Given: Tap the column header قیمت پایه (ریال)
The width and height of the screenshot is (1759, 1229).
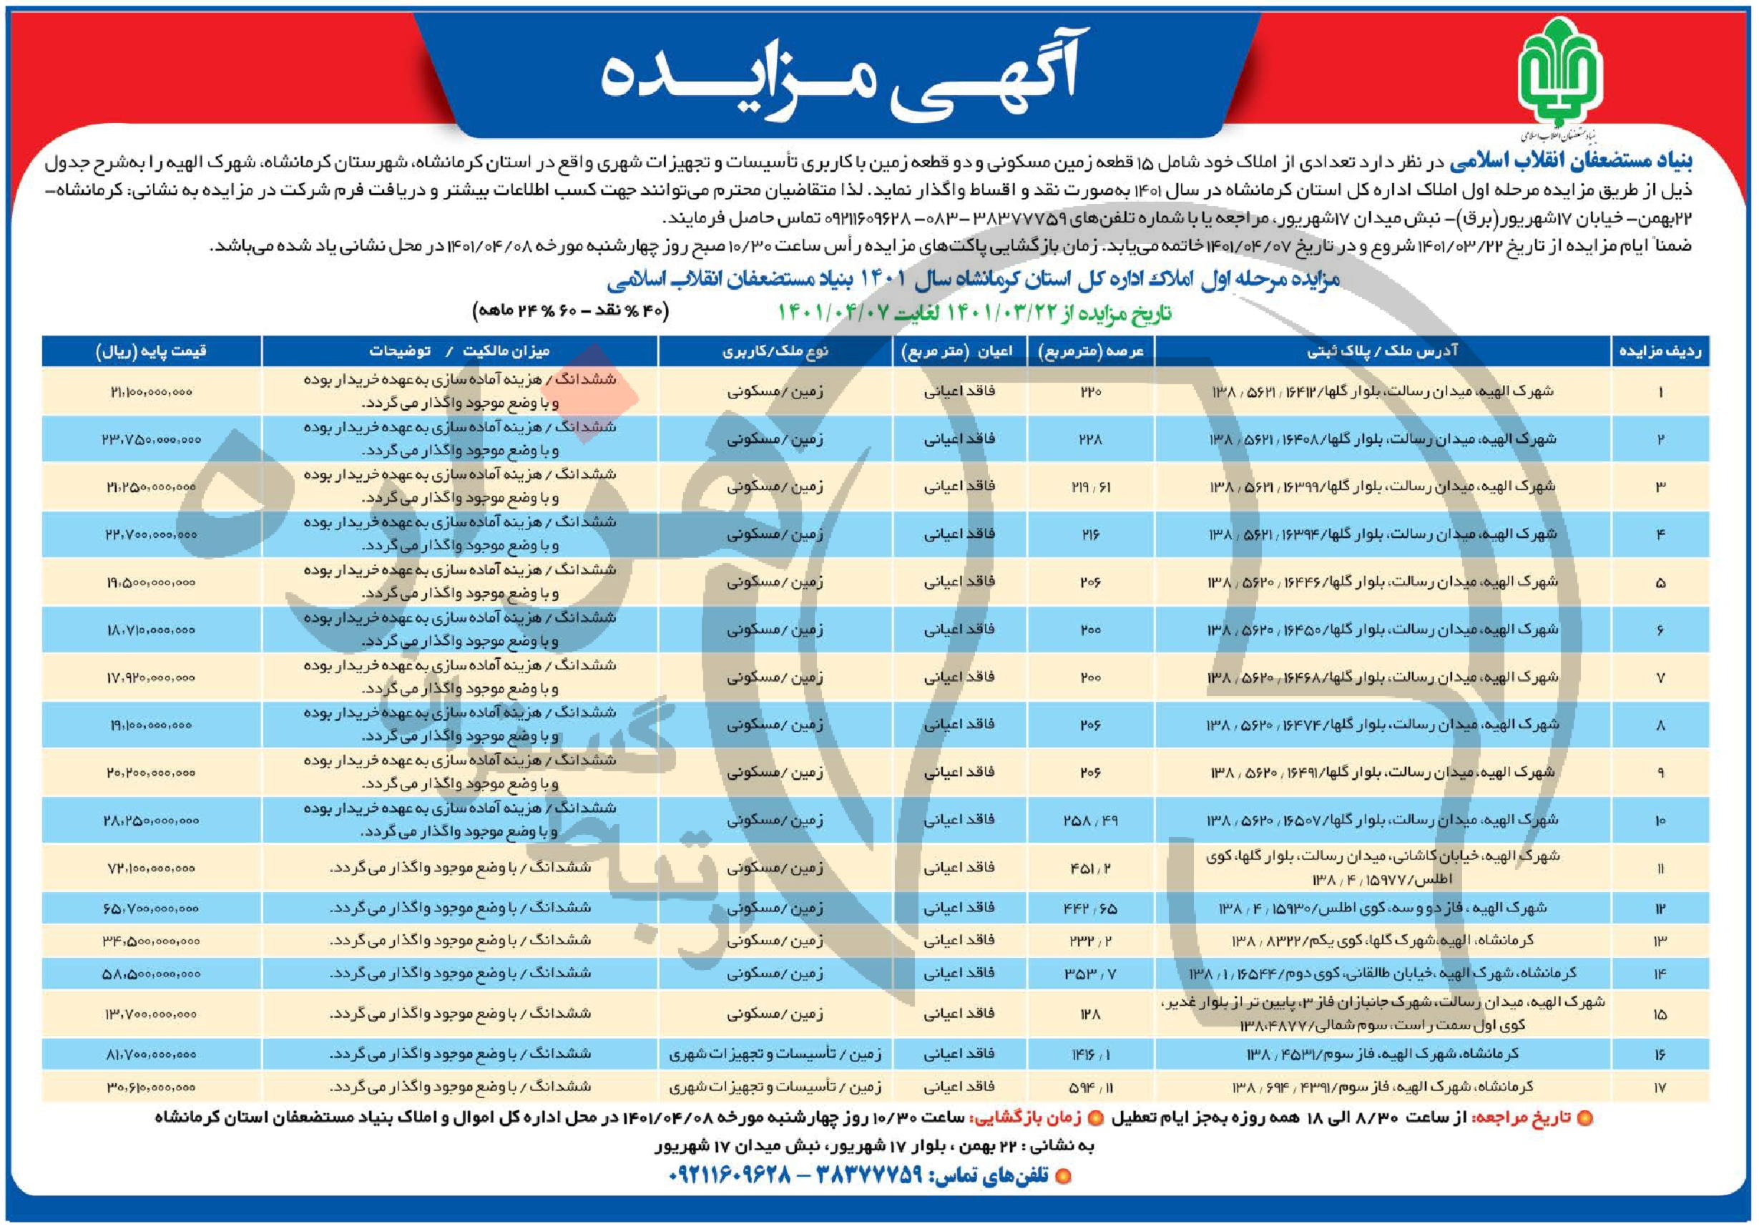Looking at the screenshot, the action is [151, 352].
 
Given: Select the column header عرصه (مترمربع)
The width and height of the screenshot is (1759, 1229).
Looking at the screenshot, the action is [1091, 352].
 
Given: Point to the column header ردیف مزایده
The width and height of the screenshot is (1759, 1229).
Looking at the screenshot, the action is [1660, 352].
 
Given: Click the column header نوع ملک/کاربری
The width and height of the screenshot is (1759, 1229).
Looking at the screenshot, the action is [775, 352].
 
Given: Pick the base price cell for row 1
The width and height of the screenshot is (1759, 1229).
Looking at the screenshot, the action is [151, 391].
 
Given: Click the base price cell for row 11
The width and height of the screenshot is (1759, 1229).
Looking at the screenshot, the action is [151, 868].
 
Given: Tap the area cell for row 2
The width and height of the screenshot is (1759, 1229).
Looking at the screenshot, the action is [1091, 439].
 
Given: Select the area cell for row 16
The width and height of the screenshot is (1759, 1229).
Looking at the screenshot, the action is [1091, 1055].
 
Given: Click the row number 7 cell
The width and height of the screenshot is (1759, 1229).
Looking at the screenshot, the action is [1660, 678].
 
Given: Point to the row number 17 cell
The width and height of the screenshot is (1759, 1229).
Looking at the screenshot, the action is [1660, 1087].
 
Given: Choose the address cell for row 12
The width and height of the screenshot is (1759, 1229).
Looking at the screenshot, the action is [1383, 908].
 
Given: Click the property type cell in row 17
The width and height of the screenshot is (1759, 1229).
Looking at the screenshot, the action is [775, 1087].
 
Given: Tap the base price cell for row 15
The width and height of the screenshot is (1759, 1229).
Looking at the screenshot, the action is [151, 1014].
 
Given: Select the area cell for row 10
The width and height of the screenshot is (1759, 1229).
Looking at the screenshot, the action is [1091, 821].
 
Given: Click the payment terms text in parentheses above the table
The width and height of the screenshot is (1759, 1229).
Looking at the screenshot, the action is [572, 312].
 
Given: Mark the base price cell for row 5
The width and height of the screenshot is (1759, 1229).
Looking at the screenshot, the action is [151, 582].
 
